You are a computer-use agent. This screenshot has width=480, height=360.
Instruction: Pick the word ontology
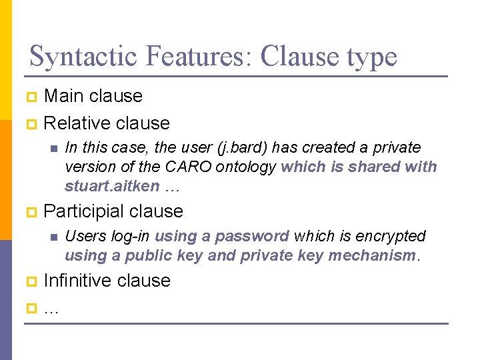click(236, 167)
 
